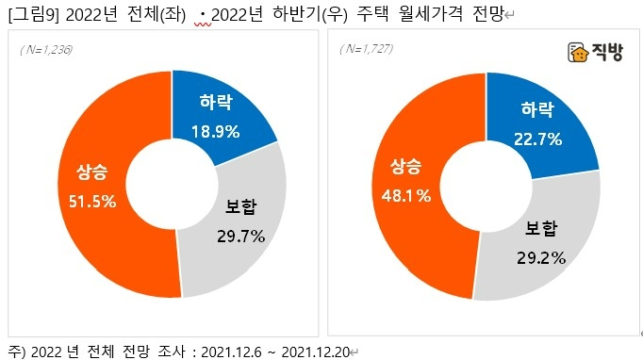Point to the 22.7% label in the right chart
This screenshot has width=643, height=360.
(x=537, y=139)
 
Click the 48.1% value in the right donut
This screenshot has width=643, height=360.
(x=408, y=196)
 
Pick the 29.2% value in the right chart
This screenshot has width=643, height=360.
(x=541, y=254)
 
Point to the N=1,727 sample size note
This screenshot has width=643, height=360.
(x=363, y=49)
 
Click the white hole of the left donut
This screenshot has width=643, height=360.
(x=173, y=183)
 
